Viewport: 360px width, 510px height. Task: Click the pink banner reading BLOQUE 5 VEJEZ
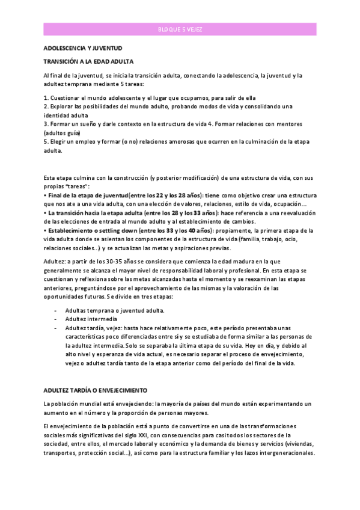click(180, 29)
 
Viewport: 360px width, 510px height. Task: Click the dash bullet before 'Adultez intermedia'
click(55, 319)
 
